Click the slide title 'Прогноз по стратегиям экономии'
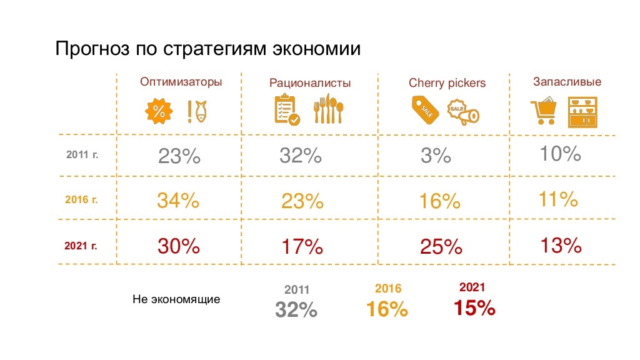[x=208, y=48]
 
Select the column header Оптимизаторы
[x=181, y=82]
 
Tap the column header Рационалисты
[x=310, y=82]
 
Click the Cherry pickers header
[x=447, y=82]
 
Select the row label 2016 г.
[x=81, y=200]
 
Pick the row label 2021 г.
[x=81, y=245]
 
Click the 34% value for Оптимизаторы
[x=178, y=201]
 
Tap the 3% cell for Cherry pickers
[x=436, y=156]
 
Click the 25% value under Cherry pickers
[x=441, y=246]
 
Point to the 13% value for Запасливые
[x=560, y=245]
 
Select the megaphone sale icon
[x=463, y=112]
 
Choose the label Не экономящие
[x=176, y=299]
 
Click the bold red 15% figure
[x=474, y=307]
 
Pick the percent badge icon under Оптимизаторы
[x=159, y=111]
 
